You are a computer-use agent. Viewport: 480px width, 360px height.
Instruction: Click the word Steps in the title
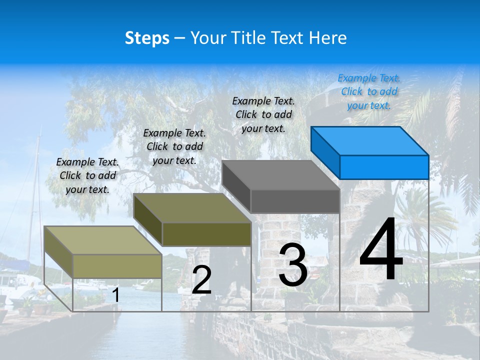coord(147,38)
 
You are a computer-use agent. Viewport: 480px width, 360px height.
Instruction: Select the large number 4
coord(381,249)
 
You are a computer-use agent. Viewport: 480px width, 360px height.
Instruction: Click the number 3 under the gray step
coord(292,264)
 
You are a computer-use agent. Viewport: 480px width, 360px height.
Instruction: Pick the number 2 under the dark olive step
coord(201,279)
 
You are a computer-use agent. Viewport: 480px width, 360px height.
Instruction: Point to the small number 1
coord(115,295)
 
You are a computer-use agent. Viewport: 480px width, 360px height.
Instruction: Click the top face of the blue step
coord(370,140)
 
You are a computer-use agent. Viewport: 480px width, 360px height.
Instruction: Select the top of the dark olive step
coord(192,208)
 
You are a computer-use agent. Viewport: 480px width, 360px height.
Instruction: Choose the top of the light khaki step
coord(103,240)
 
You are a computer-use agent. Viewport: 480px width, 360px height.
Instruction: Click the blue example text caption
coord(369,91)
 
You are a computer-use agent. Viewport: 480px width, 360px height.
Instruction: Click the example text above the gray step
coord(263,114)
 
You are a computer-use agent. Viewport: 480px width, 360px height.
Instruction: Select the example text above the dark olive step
coord(174,146)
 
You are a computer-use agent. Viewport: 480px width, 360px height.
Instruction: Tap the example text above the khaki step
coord(87,175)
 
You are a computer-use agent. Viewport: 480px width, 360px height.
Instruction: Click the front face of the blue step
coord(384,167)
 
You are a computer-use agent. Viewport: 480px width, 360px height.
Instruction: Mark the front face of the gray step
coord(295,201)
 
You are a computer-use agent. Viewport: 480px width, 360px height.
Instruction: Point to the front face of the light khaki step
coord(117,266)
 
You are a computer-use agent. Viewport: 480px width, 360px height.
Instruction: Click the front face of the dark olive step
coord(206,234)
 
